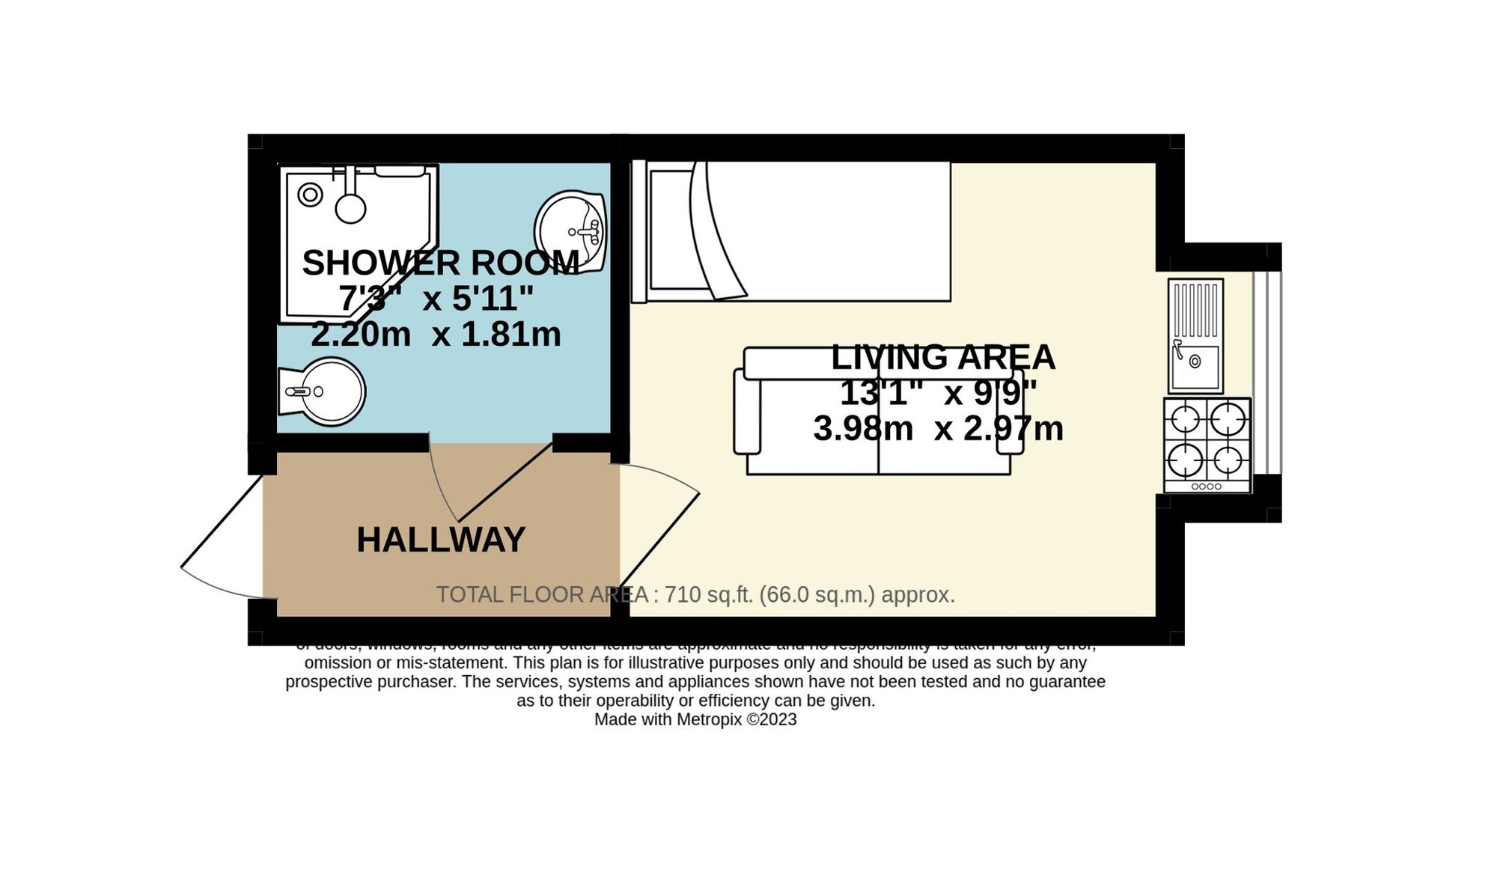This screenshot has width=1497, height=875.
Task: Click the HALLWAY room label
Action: (440, 540)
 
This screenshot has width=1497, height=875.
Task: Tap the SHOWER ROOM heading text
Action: (440, 263)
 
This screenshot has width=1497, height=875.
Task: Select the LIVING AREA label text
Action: (942, 358)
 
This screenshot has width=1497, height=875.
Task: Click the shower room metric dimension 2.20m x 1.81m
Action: (436, 335)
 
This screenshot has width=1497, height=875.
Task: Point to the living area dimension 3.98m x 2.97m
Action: (938, 429)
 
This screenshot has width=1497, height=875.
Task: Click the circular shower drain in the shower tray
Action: (310, 195)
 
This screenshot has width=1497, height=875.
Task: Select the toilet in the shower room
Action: (323, 391)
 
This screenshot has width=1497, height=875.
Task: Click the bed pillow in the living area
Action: (669, 229)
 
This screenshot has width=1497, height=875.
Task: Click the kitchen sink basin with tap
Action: (1195, 366)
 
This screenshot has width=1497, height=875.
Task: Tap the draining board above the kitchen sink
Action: (1195, 309)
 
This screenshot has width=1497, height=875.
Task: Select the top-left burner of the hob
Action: (1186, 418)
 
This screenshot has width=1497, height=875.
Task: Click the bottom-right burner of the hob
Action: (1228, 460)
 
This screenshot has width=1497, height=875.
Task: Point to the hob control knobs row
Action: (1207, 487)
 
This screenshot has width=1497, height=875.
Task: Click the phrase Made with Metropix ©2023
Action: (695, 720)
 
